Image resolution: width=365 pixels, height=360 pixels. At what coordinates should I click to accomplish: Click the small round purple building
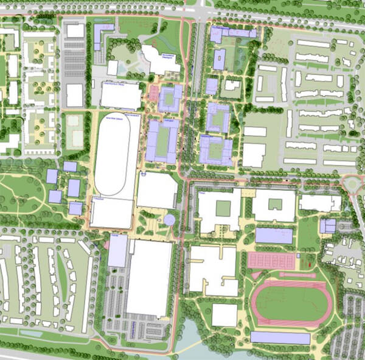[169, 219]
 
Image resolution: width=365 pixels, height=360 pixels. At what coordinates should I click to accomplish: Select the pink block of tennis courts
[271, 261]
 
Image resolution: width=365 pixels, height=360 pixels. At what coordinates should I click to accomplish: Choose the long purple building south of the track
[280, 337]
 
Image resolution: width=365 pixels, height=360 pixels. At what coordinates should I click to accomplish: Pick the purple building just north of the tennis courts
[274, 236]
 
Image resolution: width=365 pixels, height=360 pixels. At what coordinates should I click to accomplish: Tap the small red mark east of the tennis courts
[308, 264]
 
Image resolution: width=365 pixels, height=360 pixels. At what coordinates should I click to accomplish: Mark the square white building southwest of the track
[224, 315]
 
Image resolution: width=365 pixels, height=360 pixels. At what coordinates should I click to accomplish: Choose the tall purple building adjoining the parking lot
[117, 250]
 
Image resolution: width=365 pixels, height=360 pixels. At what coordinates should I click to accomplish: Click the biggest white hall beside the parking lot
[149, 277]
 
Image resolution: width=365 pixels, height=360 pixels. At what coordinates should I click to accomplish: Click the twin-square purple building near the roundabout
[328, 226]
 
